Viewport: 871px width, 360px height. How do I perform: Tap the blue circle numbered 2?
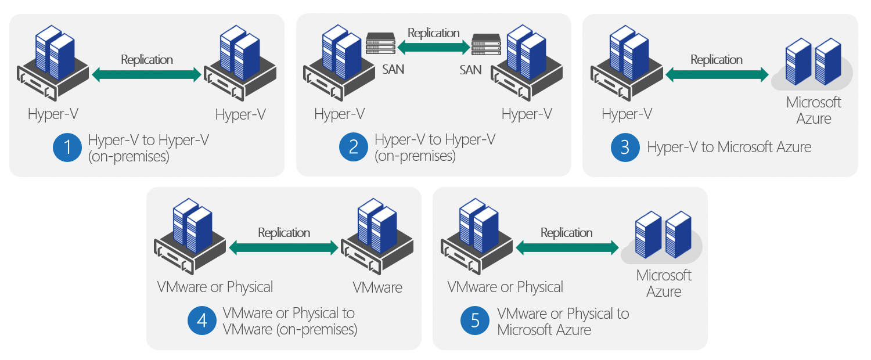point(354,147)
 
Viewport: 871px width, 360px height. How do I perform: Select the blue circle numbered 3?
point(625,147)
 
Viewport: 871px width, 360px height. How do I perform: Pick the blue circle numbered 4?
point(202,321)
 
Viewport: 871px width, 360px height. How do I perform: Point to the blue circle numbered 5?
point(475,321)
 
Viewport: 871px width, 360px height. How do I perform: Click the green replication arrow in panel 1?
point(147,74)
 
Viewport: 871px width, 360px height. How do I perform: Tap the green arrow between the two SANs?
point(433,47)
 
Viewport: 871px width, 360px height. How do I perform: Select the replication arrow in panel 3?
point(717,74)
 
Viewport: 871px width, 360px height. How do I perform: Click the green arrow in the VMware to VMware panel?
point(284,248)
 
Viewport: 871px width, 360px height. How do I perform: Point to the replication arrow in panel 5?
point(567,248)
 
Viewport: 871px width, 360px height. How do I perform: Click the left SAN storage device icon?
point(381,44)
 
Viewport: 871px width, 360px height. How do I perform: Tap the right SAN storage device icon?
point(486,44)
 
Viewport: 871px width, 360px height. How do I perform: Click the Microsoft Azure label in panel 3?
point(814,110)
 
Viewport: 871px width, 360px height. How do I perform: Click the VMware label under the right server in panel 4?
point(377,287)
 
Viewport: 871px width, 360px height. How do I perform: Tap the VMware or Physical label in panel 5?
point(505,287)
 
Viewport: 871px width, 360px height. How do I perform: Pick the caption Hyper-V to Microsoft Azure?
point(729,147)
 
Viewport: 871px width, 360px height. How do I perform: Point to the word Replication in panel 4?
point(284,233)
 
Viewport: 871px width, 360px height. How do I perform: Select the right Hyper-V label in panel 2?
point(527,114)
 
